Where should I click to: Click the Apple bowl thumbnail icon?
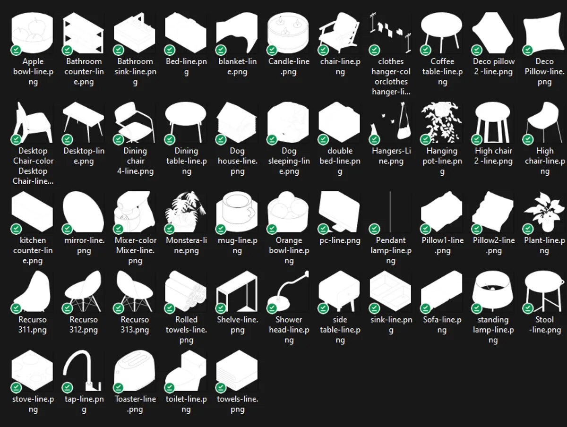point(32,33)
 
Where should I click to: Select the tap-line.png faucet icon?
point(84,371)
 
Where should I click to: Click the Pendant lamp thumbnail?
point(391,213)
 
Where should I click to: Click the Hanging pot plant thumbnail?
point(442,123)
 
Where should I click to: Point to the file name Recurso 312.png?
point(84,325)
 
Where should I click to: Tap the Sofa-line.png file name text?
point(442,325)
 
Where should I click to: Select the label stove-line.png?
point(33,404)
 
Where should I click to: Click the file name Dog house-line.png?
point(237,161)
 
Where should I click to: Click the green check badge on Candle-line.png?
point(272,50)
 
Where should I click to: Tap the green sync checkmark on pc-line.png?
point(323,229)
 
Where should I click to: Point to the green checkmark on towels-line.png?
point(221,388)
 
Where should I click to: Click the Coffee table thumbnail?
point(442,33)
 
